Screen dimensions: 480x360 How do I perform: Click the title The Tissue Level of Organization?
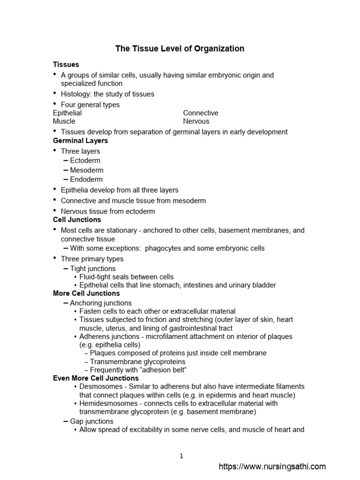[x=180, y=49]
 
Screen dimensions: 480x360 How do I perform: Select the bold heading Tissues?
[x=66, y=64]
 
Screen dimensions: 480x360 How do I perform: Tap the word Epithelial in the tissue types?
[x=67, y=113]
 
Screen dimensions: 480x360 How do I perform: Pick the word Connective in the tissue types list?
[x=201, y=113]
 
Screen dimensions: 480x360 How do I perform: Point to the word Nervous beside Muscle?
[x=196, y=121]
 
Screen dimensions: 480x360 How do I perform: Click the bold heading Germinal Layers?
[x=80, y=141]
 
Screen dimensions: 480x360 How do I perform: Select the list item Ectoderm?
[x=85, y=160]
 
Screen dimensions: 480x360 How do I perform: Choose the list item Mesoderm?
[x=87, y=170]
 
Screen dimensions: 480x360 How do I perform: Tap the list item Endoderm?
[x=86, y=179]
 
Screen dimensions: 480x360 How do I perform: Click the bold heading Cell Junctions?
[x=77, y=219]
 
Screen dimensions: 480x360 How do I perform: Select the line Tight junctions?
[x=93, y=269]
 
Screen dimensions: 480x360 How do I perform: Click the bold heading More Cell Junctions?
[x=86, y=293]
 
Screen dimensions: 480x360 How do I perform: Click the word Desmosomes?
[x=100, y=386]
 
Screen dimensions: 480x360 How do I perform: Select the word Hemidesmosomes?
[x=106, y=403]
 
